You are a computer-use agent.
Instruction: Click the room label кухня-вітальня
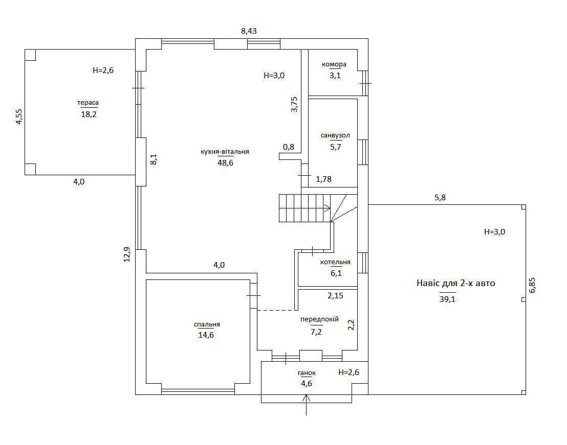point(225,152)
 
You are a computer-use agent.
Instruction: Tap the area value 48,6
point(225,163)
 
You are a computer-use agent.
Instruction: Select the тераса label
point(88,103)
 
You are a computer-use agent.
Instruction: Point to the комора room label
point(334,64)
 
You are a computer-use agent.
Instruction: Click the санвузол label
point(335,136)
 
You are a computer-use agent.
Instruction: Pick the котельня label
point(335,262)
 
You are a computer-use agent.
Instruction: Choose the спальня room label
point(207,324)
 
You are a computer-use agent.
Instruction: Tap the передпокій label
point(319,319)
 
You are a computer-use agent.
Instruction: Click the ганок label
point(307,373)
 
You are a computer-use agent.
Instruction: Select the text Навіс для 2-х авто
point(455,283)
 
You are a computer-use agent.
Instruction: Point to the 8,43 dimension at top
point(249,31)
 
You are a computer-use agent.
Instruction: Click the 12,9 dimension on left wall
point(126,254)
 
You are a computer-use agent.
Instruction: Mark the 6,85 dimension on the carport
point(532,285)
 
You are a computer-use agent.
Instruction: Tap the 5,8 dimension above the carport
point(440,198)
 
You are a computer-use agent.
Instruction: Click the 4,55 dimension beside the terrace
point(19,117)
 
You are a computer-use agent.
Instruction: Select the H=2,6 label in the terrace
point(103,71)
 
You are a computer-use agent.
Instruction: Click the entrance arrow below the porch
point(307,405)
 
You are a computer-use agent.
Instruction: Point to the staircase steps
point(304,208)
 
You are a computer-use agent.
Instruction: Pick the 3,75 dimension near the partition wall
point(294,104)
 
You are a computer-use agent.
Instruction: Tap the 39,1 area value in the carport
point(447,299)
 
